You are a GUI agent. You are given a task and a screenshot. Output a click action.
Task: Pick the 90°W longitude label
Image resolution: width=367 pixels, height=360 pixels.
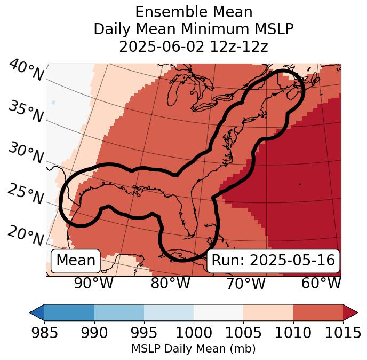93,283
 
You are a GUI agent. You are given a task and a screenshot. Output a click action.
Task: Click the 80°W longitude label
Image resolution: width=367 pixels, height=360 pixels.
170,283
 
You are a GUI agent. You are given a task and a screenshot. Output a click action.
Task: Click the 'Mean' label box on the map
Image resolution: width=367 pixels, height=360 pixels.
76,261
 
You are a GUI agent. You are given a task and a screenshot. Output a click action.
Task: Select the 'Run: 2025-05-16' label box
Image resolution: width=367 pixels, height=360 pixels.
273,261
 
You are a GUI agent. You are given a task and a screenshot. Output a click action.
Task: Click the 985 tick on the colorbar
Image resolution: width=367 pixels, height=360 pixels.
44,333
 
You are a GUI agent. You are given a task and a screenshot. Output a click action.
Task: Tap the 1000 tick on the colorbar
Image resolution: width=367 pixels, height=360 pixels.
194,333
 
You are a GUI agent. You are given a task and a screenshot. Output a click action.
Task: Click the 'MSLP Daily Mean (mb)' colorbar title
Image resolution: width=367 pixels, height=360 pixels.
193,349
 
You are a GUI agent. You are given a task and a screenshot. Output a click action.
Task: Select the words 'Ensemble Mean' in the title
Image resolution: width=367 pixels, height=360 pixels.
193,12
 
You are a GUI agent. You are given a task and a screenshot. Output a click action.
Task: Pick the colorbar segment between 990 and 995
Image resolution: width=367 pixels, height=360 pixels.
119,312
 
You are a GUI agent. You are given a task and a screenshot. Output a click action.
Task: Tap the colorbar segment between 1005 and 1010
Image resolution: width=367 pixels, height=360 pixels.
268,312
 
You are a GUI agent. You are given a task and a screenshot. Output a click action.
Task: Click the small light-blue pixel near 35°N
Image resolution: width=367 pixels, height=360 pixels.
53,102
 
